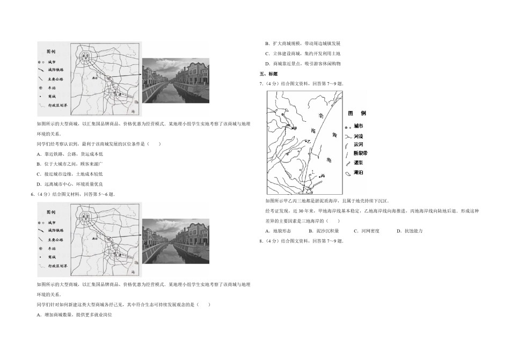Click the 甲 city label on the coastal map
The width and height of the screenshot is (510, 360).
tap(294, 129)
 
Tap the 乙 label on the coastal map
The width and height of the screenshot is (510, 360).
tap(309, 140)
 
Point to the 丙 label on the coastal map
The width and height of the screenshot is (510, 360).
tap(323, 176)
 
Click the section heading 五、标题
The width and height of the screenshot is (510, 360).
tap(268, 74)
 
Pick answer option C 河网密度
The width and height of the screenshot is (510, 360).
tap(367, 231)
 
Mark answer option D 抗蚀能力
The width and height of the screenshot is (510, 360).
tap(409, 231)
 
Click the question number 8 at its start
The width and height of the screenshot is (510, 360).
tap(260, 241)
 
